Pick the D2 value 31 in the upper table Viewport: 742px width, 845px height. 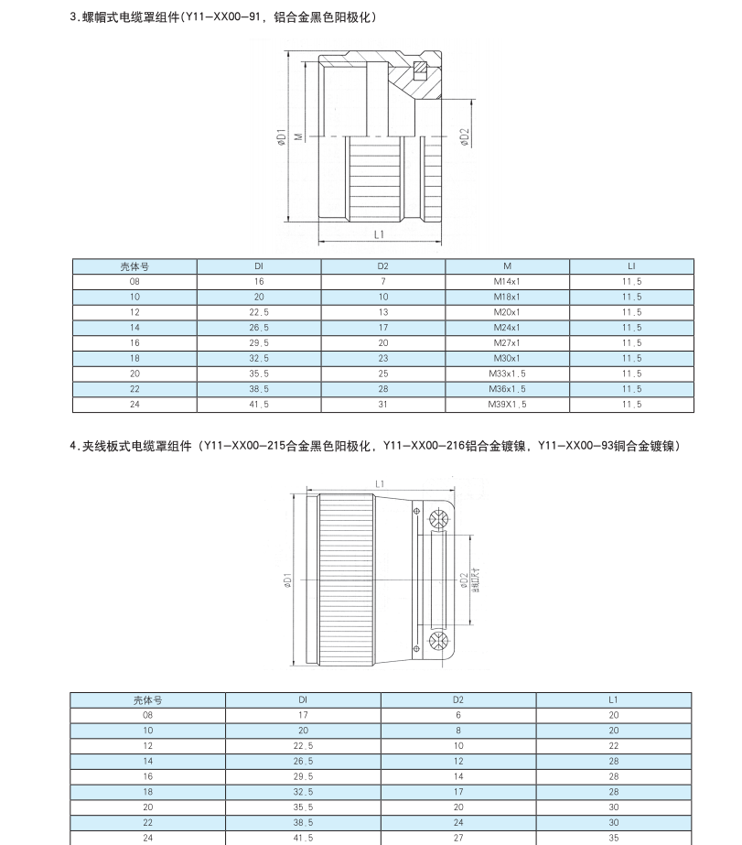coord(382,404)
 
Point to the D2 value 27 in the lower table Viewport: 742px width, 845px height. coord(458,837)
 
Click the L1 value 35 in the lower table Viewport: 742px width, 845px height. coord(613,837)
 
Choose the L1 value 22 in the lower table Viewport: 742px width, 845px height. coord(613,745)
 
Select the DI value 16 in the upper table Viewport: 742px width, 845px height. coord(259,281)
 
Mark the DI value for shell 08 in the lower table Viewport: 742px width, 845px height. coord(303,715)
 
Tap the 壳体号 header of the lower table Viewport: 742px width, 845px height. coord(147,699)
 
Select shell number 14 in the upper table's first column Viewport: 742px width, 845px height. coord(134,327)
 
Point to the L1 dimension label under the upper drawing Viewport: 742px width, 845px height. coord(379,234)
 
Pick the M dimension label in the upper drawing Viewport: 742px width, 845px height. coord(298,136)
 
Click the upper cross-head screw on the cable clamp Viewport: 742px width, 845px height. coord(437,518)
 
